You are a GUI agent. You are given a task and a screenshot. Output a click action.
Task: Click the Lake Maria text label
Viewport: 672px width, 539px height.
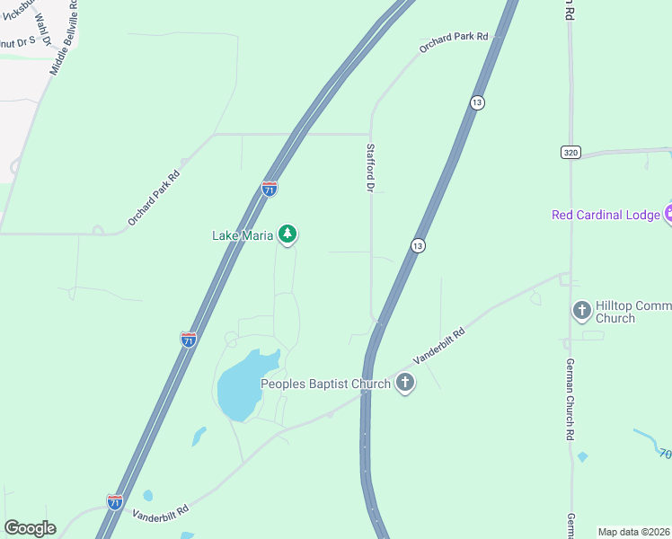pyautogui.click(x=243, y=236)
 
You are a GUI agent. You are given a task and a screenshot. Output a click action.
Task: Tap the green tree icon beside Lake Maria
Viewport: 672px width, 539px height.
pyautogui.click(x=287, y=235)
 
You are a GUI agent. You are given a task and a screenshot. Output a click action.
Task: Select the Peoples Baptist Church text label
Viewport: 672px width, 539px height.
pyautogui.click(x=325, y=384)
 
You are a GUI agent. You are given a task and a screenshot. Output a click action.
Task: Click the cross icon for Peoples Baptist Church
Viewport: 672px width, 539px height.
pyautogui.click(x=405, y=384)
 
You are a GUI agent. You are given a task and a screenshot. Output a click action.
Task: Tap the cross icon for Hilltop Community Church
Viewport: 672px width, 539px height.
pyautogui.click(x=581, y=311)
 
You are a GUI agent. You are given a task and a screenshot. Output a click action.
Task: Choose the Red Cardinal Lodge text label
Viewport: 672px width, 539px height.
pyautogui.click(x=606, y=214)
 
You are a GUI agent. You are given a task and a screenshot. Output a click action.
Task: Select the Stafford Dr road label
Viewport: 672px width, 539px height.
pyautogui.click(x=369, y=168)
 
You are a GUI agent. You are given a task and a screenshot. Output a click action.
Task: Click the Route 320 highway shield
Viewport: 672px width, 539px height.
pyautogui.click(x=570, y=153)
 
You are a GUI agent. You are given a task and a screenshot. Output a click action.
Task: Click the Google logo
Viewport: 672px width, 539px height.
pyautogui.click(x=30, y=528)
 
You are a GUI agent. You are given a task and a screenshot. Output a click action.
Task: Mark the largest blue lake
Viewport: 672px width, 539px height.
pyautogui.click(x=243, y=384)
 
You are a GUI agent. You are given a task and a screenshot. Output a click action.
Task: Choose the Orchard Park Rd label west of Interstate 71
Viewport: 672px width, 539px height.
pyautogui.click(x=154, y=197)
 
